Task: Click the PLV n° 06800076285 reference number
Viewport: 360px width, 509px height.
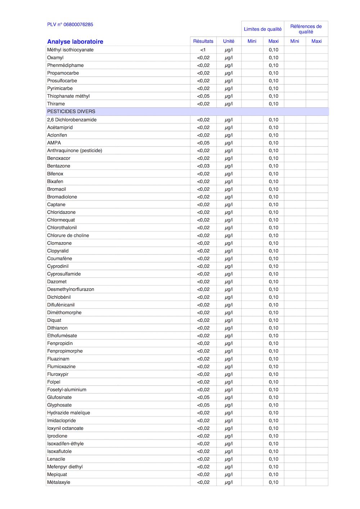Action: tap(70, 24)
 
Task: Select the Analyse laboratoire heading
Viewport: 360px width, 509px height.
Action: tap(75, 42)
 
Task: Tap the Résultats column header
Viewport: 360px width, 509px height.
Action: tap(203, 41)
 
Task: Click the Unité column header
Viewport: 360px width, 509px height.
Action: tap(229, 41)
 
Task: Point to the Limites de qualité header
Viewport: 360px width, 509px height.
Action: tap(263, 29)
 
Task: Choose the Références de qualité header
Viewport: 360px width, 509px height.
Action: tap(306, 29)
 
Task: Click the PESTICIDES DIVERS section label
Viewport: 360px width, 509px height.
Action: tap(71, 112)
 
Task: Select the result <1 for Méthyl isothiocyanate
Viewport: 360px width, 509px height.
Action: tap(203, 50)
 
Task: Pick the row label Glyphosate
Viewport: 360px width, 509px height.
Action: tap(59, 405)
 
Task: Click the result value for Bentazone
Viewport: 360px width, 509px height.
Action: tap(203, 166)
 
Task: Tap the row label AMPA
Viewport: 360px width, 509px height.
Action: tap(54, 143)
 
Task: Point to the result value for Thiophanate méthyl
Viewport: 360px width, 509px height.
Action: tap(203, 96)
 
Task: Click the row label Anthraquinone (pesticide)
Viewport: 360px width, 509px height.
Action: tap(75, 150)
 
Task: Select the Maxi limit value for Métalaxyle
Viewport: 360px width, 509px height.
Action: tap(274, 482)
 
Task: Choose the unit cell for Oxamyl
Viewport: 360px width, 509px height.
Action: tap(229, 58)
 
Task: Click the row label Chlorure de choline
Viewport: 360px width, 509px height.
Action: tap(68, 235)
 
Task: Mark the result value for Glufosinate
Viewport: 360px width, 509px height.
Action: tap(203, 397)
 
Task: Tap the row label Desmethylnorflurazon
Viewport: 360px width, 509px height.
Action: tap(71, 289)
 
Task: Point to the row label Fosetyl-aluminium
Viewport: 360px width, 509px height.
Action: tap(67, 390)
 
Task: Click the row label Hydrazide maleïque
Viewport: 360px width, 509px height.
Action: tap(68, 413)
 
